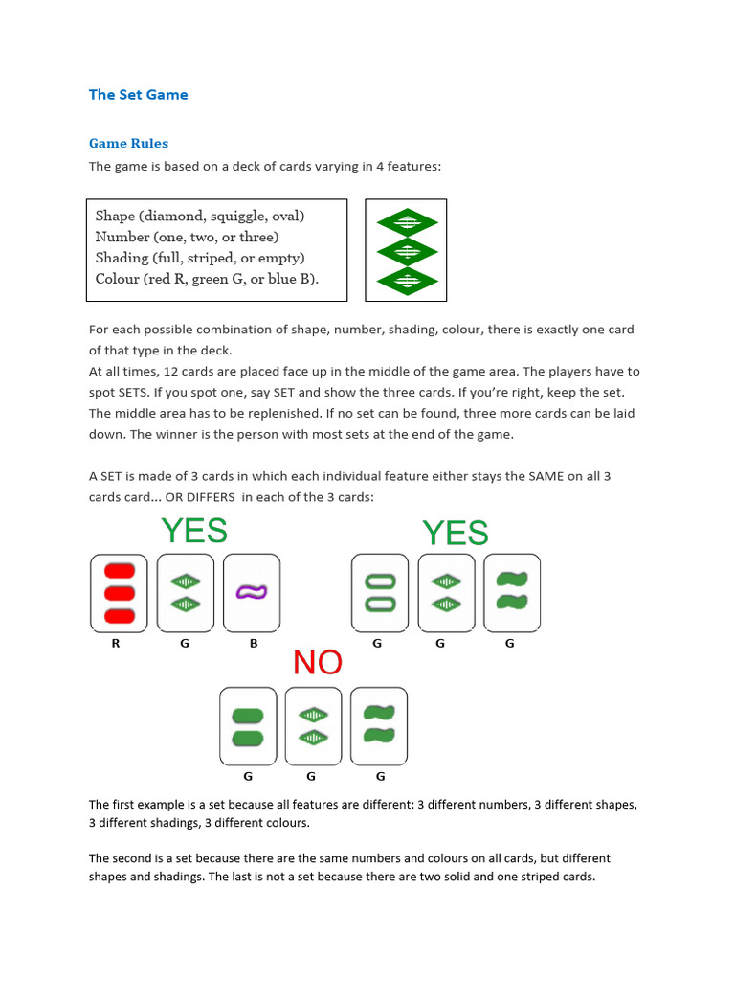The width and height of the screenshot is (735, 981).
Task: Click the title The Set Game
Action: pyautogui.click(x=138, y=94)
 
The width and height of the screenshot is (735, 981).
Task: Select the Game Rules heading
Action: pyautogui.click(x=128, y=143)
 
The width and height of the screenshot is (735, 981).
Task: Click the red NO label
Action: pyautogui.click(x=318, y=662)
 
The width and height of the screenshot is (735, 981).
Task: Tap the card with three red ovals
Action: pyautogui.click(x=120, y=592)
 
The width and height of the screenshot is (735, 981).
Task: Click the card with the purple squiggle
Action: pyautogui.click(x=252, y=592)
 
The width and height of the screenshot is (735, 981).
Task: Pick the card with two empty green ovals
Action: pyautogui.click(x=381, y=592)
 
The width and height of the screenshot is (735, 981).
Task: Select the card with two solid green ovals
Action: pyautogui.click(x=249, y=725)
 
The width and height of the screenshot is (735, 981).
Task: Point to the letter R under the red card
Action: pyautogui.click(x=116, y=644)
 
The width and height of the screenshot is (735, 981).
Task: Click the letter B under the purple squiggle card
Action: pyautogui.click(x=254, y=644)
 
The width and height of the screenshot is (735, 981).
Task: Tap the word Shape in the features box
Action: pyautogui.click(x=116, y=216)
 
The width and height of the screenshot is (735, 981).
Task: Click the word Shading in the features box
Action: pyautogui.click(x=122, y=258)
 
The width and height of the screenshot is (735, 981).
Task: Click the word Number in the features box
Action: pyautogui.click(x=123, y=237)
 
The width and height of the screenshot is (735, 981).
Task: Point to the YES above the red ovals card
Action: pyautogui.click(x=194, y=530)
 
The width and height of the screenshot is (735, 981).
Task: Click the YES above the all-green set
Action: pyautogui.click(x=456, y=533)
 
